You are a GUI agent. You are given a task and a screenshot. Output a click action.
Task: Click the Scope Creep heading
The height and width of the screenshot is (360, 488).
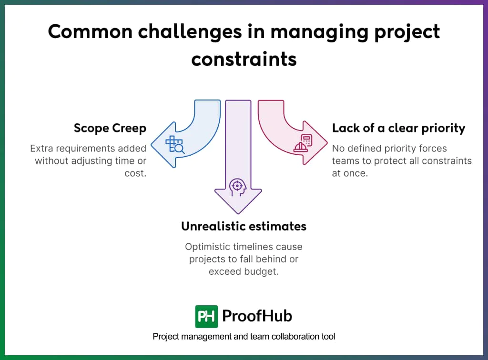coord(110,128)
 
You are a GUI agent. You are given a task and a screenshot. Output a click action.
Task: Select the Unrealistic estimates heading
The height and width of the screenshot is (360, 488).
coord(244,226)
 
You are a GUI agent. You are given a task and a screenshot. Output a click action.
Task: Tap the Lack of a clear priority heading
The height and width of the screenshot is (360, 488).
coord(398,128)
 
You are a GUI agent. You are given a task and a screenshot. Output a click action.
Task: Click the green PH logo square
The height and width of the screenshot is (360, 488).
coord(206,316)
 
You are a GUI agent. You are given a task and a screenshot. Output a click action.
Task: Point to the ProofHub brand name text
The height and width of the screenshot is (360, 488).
coord(257,316)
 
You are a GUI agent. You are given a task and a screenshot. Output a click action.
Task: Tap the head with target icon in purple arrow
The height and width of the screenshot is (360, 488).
coord(237,187)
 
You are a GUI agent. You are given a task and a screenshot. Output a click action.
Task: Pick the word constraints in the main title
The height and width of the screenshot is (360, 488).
coord(244,59)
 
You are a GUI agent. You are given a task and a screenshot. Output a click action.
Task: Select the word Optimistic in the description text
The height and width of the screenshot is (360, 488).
coord(207,247)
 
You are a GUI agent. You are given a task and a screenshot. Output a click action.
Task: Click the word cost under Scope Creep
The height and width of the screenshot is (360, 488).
coord(135,173)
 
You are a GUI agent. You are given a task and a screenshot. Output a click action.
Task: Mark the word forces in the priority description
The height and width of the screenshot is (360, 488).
coord(430,149)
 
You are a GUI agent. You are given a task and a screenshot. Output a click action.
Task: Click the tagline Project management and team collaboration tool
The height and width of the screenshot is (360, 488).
coord(244,337)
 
